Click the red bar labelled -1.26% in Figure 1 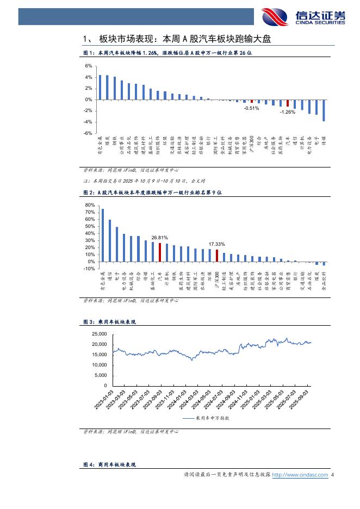click(x=288, y=103)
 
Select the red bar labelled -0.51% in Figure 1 click(x=251, y=101)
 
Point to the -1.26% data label click(x=287, y=112)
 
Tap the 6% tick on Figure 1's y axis click(x=89, y=66)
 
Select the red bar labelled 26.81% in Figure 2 click(x=160, y=252)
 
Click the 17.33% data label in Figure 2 click(x=217, y=244)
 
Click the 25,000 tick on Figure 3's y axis click(x=100, y=334)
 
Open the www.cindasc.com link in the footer click(x=300, y=475)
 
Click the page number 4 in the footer click(x=332, y=475)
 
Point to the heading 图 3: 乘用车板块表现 click(x=109, y=322)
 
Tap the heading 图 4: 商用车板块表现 click(x=109, y=464)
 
